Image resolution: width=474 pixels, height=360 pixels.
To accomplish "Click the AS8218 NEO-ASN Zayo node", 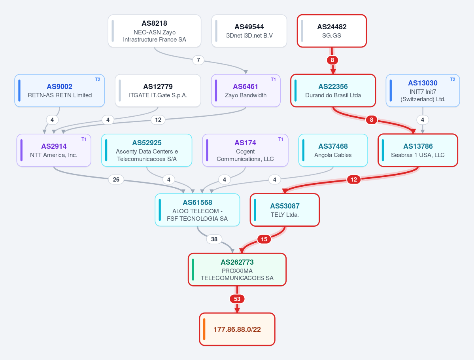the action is click(155, 31).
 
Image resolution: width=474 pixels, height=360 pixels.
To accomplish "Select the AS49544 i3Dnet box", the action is click(249, 31).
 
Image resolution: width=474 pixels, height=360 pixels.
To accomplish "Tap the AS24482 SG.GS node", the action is click(332, 31).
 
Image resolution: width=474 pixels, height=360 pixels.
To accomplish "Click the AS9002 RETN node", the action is click(60, 91).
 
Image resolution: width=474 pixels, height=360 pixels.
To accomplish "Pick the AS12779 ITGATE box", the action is click(158, 91).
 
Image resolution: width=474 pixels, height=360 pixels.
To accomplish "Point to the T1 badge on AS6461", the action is click(273, 80).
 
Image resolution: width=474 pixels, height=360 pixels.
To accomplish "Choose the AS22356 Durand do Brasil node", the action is click(333, 91).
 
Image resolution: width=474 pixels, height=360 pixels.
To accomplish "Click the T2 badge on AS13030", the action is click(453, 80).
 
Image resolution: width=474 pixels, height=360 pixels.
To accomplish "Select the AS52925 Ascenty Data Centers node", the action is click(147, 150).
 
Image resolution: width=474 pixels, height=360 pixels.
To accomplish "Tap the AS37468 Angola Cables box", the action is click(333, 150).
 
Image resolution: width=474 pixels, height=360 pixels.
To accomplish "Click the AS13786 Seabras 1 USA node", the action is click(418, 150).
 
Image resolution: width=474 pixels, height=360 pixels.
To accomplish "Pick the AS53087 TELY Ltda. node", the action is click(285, 210).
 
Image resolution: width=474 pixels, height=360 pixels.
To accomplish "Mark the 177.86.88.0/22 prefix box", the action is click(237, 329).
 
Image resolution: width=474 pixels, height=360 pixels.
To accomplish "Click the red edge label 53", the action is click(237, 299).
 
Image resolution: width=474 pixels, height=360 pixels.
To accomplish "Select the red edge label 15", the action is click(264, 239).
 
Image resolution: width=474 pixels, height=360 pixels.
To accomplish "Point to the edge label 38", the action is click(214, 239).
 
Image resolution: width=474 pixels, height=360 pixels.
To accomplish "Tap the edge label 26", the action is click(116, 180).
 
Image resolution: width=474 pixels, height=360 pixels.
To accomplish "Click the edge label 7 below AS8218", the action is click(198, 60).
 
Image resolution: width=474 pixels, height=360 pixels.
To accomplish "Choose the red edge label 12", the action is click(354, 180).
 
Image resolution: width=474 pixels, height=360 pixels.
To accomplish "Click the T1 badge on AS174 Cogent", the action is click(281, 139).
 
